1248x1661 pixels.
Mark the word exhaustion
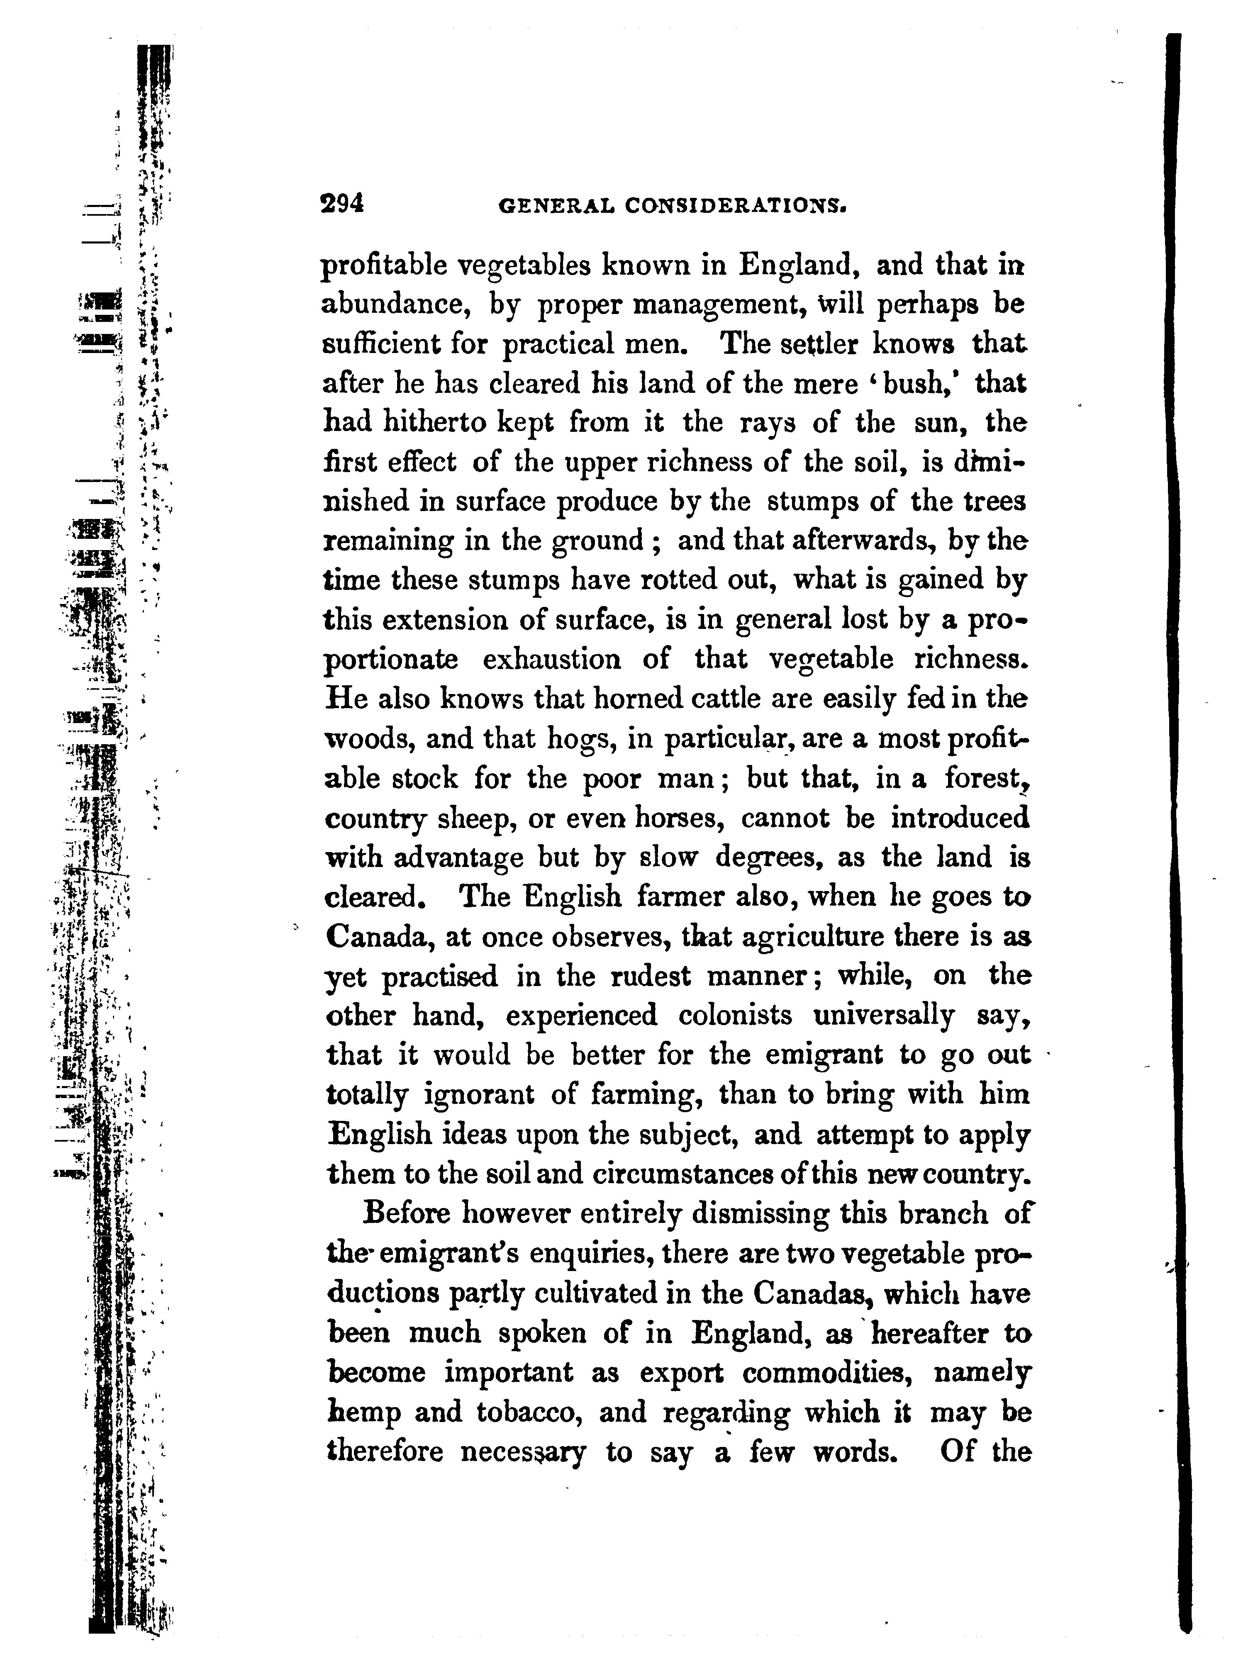551,659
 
